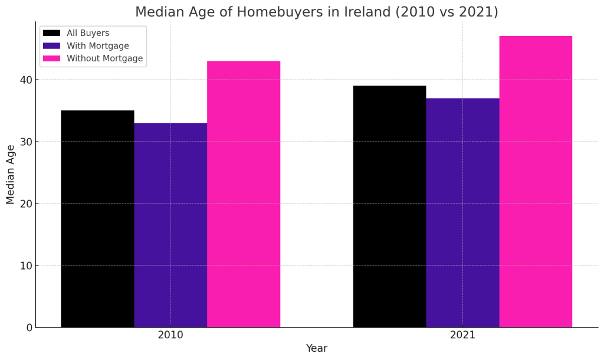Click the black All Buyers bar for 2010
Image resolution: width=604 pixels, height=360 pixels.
pos(97,218)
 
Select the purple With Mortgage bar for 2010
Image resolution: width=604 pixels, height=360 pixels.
pos(170,225)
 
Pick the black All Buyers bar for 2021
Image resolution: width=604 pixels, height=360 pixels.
pos(389,207)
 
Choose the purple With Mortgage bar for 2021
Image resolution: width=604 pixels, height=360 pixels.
pos(462,212)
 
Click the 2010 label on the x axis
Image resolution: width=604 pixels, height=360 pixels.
pos(170,335)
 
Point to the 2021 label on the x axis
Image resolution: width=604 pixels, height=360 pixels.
pos(462,335)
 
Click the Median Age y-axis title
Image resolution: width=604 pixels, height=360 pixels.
pos(11,174)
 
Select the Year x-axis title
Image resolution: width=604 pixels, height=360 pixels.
pos(317,348)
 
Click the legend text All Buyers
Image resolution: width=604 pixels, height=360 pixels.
pos(88,33)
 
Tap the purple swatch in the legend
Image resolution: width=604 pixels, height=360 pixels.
pos(52,46)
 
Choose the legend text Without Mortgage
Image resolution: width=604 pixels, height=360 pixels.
pos(104,58)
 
